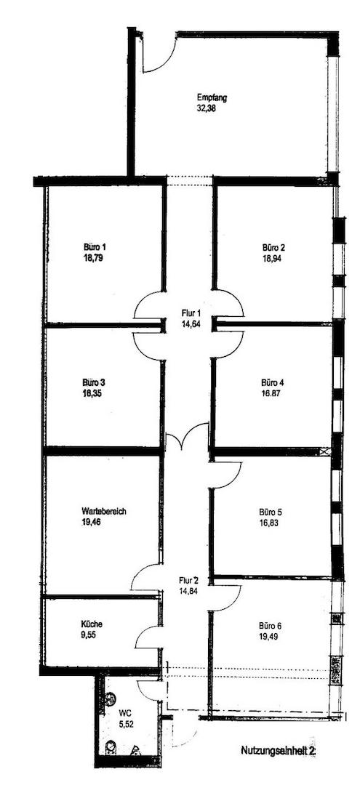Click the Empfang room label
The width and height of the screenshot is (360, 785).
(212, 97)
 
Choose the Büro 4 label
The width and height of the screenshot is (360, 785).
(273, 382)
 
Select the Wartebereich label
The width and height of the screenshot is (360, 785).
(104, 511)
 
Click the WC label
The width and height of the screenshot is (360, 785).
(125, 714)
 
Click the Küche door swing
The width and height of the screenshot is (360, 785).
(148, 637)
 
